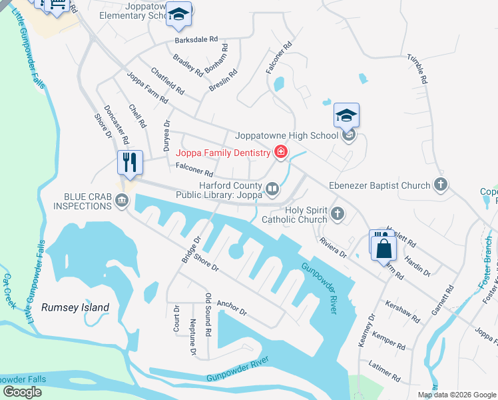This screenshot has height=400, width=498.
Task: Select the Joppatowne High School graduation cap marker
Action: pos(346,117)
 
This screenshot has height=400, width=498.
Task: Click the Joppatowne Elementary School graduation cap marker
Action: pos(178,15)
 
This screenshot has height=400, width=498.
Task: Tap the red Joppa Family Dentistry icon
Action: pos(281,153)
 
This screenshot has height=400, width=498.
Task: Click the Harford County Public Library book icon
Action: pos(272,190)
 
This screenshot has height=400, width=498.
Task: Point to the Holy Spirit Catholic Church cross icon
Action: pos(338,215)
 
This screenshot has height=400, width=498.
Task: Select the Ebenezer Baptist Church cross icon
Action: pos(439,184)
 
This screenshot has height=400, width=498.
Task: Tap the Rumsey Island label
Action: pos(75,307)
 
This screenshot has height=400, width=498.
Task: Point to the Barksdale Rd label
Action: pos(196,39)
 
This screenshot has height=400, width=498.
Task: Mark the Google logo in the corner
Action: pos(23,392)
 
